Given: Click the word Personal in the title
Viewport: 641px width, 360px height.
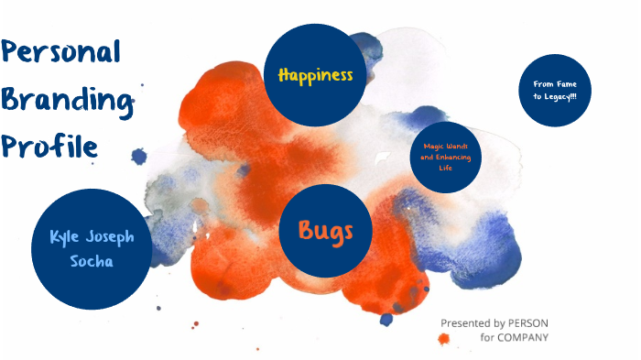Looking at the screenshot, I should [x=62, y=53].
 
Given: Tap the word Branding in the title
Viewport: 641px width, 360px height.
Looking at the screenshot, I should [x=65, y=102].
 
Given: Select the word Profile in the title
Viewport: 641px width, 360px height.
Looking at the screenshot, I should [x=49, y=146].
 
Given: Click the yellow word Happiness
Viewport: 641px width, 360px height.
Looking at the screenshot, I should [x=315, y=75].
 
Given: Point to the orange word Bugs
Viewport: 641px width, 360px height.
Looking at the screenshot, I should [x=326, y=230].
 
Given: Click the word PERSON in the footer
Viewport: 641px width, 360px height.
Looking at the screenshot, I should [x=528, y=323].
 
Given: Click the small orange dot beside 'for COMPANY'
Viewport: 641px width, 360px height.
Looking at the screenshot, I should [x=444, y=339].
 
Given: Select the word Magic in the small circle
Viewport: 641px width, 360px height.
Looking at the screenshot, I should [x=433, y=147].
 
